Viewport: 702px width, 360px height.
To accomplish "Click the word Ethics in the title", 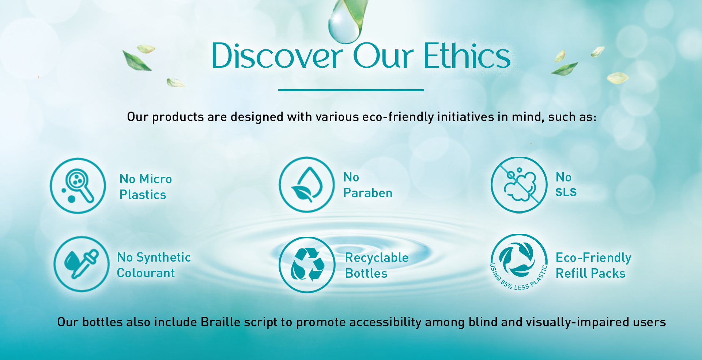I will [467, 56].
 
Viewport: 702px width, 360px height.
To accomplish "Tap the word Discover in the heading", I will [277, 56].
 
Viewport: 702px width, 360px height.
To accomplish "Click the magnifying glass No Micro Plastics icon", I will [78, 186].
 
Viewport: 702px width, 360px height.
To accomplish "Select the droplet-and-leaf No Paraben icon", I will [307, 185].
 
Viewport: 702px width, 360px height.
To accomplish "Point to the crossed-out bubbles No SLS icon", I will [519, 185].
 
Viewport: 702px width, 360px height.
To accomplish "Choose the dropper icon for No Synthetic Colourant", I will [82, 264].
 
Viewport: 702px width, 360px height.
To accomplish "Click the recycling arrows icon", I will [307, 265].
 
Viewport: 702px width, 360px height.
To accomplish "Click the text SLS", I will [566, 192].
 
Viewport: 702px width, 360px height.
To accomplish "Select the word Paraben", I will [368, 193].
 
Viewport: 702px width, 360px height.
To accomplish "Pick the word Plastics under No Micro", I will [143, 195].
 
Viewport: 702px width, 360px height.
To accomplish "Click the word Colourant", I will [146, 273].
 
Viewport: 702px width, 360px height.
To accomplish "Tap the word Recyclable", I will [377, 258].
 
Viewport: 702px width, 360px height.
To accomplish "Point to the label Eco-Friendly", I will [593, 258].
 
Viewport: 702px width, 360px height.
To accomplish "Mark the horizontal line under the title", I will [351, 90].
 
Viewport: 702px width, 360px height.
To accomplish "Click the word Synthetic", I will [163, 257].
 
